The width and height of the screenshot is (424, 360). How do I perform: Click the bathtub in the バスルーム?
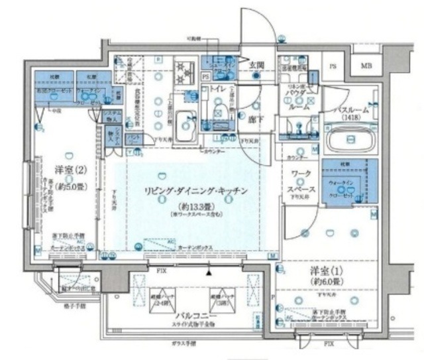(x=351, y=142)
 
